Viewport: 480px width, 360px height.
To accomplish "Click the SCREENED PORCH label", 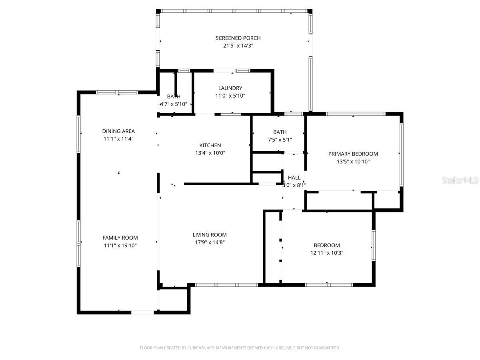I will tap(238, 38).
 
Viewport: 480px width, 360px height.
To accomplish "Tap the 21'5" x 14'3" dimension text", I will tap(238, 46).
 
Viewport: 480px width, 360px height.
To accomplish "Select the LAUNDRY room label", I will tap(230, 88).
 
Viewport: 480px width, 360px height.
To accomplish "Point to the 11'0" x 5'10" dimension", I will tap(230, 96).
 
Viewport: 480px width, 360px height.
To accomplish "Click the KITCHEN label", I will tap(210, 145).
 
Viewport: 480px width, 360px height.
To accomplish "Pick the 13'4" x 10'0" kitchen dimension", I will tap(210, 153).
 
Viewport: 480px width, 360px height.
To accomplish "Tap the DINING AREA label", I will tap(118, 131).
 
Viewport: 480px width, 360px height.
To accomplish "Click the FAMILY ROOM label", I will tap(120, 238).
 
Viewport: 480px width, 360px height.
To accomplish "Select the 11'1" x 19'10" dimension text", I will tap(120, 245).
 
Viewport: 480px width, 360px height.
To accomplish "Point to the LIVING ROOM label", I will tap(210, 235).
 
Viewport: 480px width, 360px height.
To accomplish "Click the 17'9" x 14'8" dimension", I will tap(210, 242).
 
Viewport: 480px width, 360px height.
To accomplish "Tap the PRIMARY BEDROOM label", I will tap(353, 154).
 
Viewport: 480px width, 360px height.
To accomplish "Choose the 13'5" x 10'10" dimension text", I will tap(353, 162).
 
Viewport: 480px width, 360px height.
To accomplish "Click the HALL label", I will tap(294, 178).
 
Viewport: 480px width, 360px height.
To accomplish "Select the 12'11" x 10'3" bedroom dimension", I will tap(326, 253).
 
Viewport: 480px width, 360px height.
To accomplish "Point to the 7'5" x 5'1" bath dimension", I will tap(280, 140).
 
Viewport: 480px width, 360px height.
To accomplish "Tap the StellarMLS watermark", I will tap(460, 180).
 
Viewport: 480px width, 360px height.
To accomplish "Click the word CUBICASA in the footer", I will tap(196, 348).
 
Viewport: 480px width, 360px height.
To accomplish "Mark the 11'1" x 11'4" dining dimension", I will tap(118, 139).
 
